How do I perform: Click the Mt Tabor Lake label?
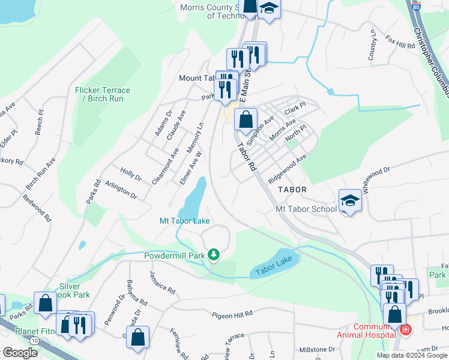click(x=184, y=221)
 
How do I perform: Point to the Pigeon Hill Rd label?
click(x=232, y=314)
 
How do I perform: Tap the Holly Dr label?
click(x=131, y=174)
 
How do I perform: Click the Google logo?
click(x=20, y=353)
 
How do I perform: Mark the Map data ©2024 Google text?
click(x=412, y=355)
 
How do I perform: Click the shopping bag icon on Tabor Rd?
click(x=246, y=119)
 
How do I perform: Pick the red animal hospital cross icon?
click(x=406, y=330)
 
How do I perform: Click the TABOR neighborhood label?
click(x=292, y=189)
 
